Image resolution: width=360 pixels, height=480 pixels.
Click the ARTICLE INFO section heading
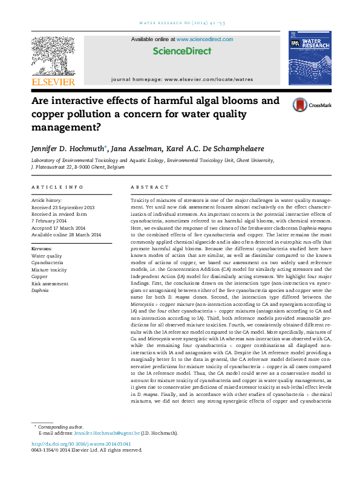(x=48, y=188)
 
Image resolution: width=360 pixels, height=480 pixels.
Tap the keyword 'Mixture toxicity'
(x=49, y=270)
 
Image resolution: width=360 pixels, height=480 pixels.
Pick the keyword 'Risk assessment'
(x=50, y=284)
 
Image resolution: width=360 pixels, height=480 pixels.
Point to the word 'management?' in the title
(x=66, y=127)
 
